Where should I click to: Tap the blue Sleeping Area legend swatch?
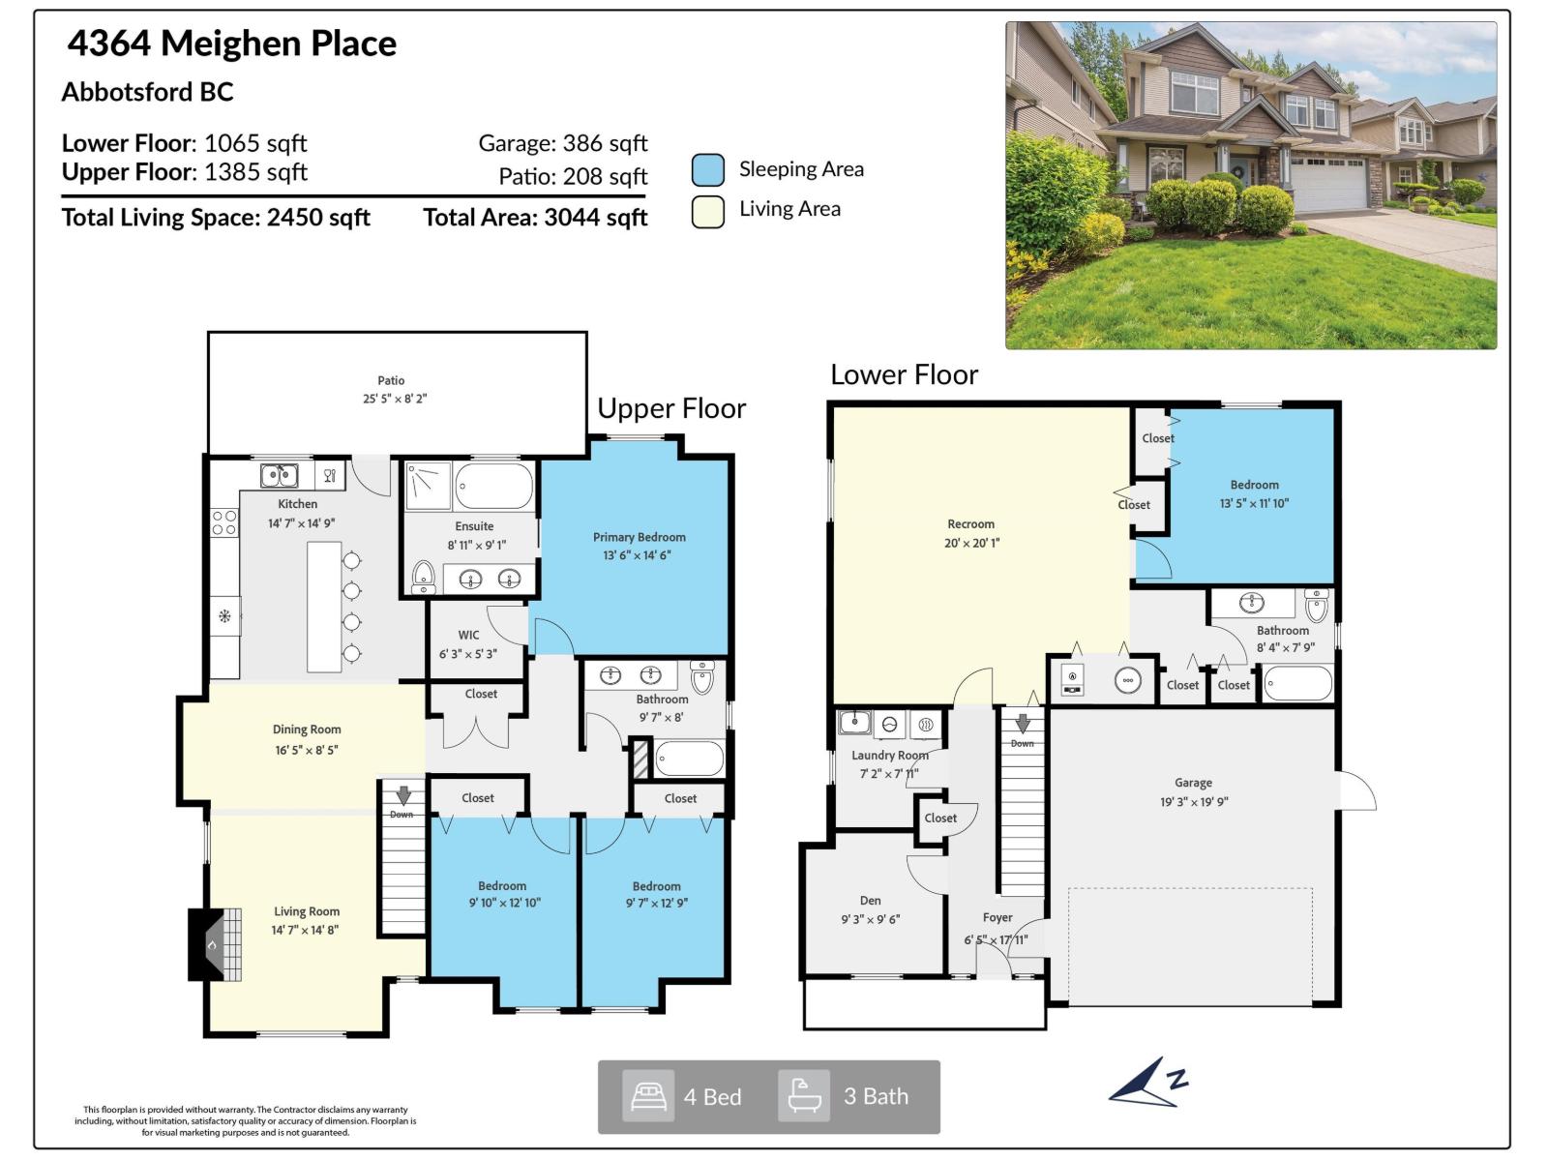[708, 169]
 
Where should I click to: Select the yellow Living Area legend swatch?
[708, 211]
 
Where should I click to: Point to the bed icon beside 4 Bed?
[647, 1096]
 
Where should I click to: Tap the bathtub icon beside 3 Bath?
[804, 1096]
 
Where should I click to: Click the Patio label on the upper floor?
[391, 380]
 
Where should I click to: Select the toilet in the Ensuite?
[423, 576]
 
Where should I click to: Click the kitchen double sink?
[279, 475]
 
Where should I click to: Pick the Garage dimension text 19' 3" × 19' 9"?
[1193, 801]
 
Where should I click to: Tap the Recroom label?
[970, 523]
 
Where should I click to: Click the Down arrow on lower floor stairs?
[1023, 724]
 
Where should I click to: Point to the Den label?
[870, 900]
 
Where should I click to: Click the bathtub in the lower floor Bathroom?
[1297, 684]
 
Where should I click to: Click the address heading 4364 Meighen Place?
[232, 44]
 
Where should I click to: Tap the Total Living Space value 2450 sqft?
[318, 217]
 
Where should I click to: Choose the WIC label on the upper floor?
[468, 635]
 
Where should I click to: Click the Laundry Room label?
[889, 755]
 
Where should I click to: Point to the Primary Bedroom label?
[639, 537]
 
